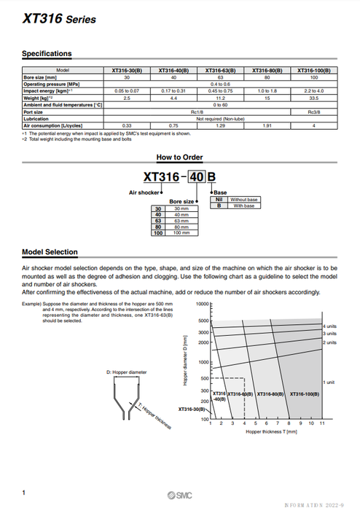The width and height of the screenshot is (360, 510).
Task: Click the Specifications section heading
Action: (x=47, y=53)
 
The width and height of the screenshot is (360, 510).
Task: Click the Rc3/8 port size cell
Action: (x=313, y=111)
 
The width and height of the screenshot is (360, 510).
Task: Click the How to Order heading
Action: (x=179, y=157)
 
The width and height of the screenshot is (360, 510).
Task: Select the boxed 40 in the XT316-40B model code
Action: (x=197, y=176)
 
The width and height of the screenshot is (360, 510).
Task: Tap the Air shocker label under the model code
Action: (x=143, y=192)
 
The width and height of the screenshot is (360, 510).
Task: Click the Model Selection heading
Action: (x=50, y=252)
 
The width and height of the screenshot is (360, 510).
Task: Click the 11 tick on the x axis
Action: (x=321, y=423)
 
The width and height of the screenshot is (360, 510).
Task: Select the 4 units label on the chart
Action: (x=330, y=326)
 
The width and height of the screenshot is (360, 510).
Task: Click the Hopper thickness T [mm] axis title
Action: (x=271, y=432)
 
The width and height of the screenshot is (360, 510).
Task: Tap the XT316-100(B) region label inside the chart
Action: (x=307, y=394)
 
